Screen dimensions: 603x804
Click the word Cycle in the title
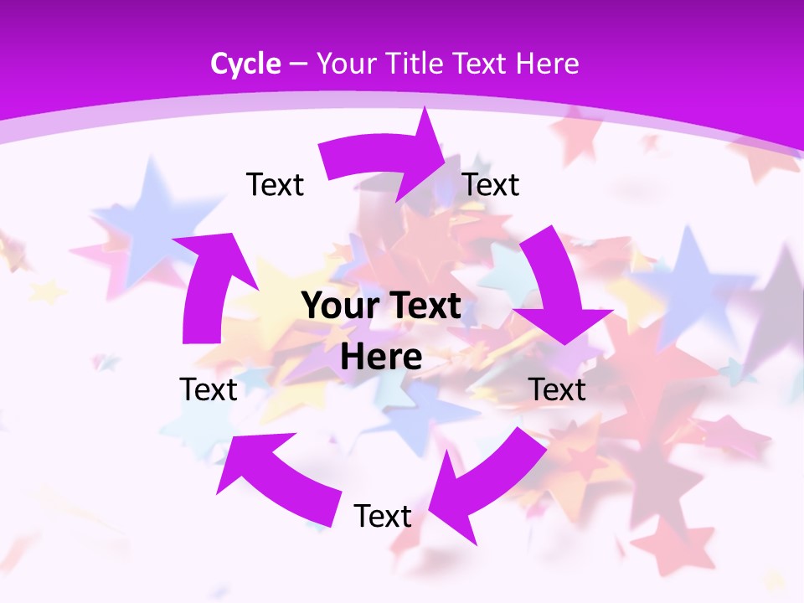(245, 64)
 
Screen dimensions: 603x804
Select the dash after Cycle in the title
(299, 64)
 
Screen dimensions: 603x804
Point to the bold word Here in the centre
(381, 357)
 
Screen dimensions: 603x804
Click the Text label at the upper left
(275, 184)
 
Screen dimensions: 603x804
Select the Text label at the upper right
(491, 184)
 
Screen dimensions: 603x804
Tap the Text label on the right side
(557, 389)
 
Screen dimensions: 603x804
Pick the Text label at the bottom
(383, 516)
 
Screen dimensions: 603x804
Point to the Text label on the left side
(209, 389)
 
